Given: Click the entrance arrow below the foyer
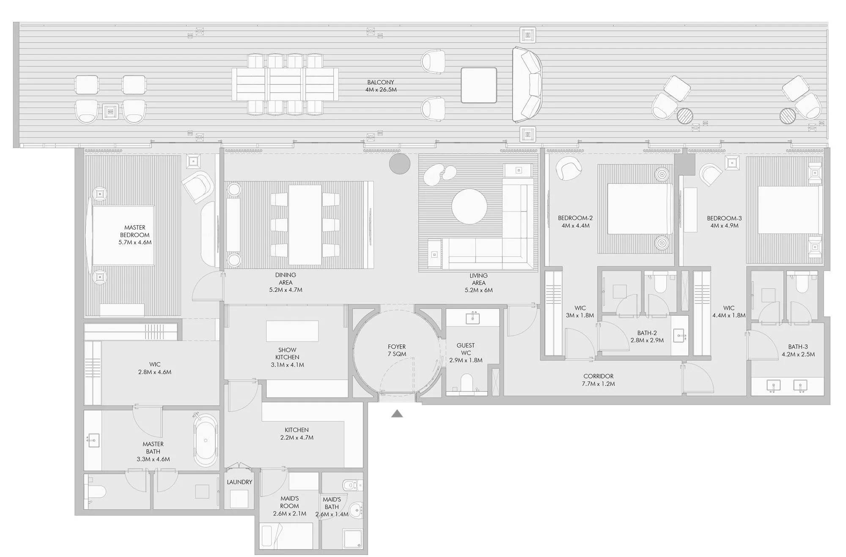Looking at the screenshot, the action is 397,414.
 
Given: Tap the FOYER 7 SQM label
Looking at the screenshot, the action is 397,350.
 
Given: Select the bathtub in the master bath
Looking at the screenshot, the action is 206,440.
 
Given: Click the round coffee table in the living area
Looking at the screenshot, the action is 469,206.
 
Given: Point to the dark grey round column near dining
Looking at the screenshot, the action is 399,164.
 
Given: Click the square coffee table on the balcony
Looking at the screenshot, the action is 479,85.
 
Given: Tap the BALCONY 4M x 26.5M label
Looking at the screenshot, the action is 381,86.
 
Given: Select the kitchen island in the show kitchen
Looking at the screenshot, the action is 292,331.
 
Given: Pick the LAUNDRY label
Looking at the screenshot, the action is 239,482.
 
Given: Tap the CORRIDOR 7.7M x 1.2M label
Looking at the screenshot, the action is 599,380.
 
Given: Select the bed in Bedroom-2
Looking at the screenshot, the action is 640,208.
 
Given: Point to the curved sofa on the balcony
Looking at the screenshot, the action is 527,85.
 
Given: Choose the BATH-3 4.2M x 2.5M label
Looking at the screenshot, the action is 798,351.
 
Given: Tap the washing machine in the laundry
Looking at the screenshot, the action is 239,499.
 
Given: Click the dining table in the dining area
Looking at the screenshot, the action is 305,225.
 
